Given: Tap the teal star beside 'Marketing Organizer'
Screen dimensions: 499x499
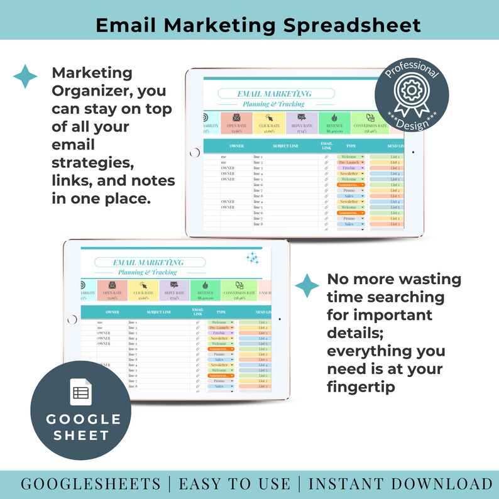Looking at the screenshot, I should coord(25,76).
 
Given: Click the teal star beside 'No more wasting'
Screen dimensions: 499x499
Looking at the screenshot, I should coord(307,285).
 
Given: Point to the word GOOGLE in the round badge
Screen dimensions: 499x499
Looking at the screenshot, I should coord(80,419).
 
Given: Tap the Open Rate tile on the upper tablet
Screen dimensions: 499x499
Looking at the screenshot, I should coord(236,123).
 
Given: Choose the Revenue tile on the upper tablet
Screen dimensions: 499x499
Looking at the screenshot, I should coord(334,123).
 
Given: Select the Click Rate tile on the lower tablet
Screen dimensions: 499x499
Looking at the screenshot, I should coord(143,290).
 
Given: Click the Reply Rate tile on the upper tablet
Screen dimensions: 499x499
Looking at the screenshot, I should coord(302,123).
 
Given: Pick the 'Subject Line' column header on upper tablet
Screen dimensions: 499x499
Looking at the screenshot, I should coord(285,146).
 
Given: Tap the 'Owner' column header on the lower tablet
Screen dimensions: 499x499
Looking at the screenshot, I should coord(112,312).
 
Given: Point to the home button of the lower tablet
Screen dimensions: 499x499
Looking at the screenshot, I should coord(72,319).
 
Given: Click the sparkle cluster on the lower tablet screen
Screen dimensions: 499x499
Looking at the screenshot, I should coord(253,257).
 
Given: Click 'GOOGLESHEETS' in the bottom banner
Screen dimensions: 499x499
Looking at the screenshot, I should coord(90,483).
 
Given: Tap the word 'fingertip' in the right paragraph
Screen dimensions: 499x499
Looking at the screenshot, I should coord(361,387).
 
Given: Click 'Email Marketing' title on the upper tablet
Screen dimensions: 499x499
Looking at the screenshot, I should coord(273,94).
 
